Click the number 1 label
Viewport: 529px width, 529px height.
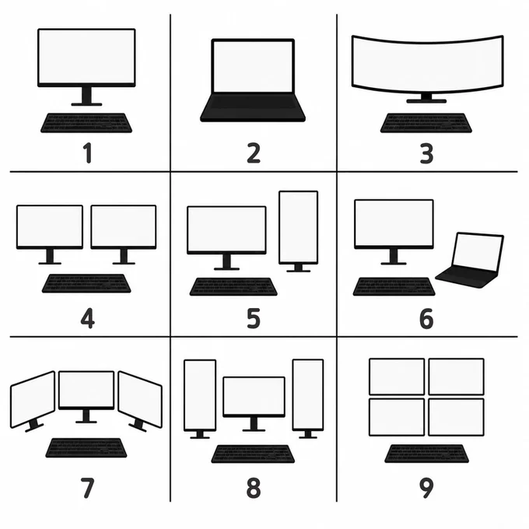click(88, 152)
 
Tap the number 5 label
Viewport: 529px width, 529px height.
click(254, 318)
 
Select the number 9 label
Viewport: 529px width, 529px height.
click(426, 488)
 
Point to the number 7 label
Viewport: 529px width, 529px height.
click(87, 488)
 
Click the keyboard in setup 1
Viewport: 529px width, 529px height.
click(86, 123)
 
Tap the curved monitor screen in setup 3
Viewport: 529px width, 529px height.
click(427, 64)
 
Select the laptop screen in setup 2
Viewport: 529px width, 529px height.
click(253, 66)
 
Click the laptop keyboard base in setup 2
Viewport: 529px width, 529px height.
click(253, 107)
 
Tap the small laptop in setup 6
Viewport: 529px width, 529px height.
click(470, 260)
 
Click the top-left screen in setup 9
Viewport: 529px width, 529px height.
click(397, 377)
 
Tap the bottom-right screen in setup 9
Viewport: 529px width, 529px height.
click(456, 417)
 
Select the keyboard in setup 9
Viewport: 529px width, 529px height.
click(426, 454)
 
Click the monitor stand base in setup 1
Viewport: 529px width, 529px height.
click(86, 104)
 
